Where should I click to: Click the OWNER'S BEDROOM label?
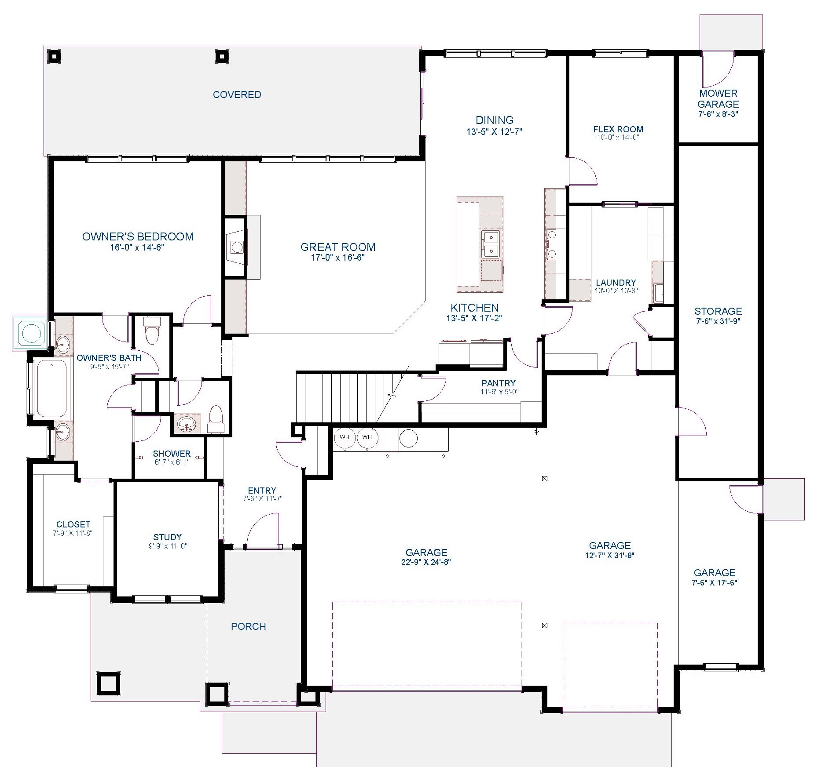pyautogui.click(x=138, y=236)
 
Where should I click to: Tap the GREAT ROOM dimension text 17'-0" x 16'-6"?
pyautogui.click(x=337, y=258)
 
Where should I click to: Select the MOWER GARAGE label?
pyautogui.click(x=718, y=99)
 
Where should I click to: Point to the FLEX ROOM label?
pyautogui.click(x=618, y=129)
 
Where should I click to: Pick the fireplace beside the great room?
pyautogui.click(x=236, y=247)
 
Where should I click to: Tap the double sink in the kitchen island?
pyautogui.click(x=490, y=244)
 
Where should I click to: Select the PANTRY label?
pyautogui.click(x=499, y=383)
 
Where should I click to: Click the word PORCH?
pyautogui.click(x=249, y=626)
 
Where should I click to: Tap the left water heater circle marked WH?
pyautogui.click(x=345, y=437)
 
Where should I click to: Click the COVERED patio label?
pyautogui.click(x=237, y=95)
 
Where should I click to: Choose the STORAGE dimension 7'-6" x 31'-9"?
pyautogui.click(x=718, y=321)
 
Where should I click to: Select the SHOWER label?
pyautogui.click(x=172, y=454)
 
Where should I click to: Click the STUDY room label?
pyautogui.click(x=167, y=537)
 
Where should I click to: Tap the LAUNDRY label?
pyautogui.click(x=616, y=283)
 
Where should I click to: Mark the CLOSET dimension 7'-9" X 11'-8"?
pyautogui.click(x=73, y=533)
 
